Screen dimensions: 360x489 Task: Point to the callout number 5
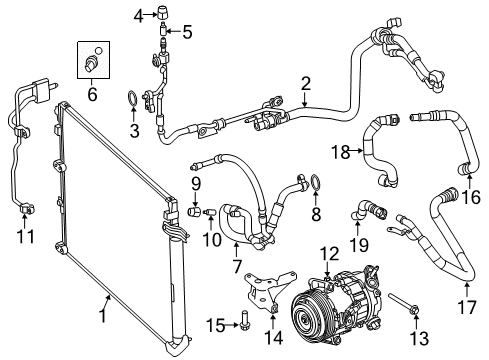185,31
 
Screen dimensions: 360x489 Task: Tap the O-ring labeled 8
315,181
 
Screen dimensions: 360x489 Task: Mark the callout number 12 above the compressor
330,253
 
